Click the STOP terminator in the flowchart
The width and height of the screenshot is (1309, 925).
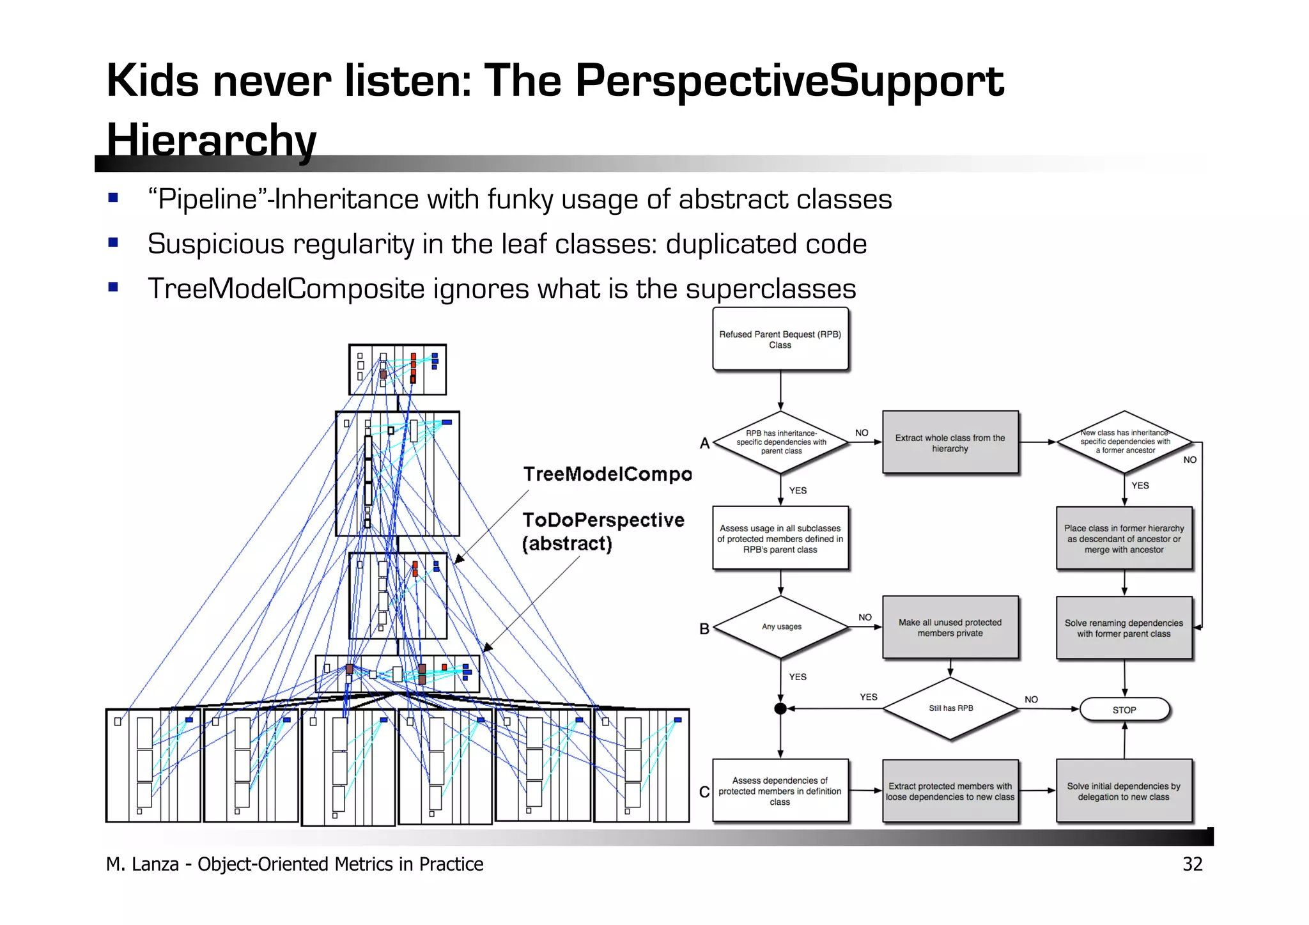[x=1124, y=710]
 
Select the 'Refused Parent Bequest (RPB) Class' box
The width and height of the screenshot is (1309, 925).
[x=780, y=339]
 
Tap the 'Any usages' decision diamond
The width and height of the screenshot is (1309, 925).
[x=781, y=626]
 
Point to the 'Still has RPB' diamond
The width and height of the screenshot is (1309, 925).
[x=950, y=708]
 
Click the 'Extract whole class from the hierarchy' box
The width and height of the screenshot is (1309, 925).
[x=950, y=442]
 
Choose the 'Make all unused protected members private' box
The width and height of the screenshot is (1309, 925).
[x=950, y=627]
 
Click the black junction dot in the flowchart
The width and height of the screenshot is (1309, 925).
[x=780, y=708]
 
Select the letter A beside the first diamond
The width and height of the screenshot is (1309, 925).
[x=704, y=443]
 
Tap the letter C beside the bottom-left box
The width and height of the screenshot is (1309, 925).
[x=704, y=792]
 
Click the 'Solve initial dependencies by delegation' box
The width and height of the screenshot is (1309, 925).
[x=1124, y=791]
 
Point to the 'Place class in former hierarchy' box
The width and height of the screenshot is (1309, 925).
[x=1124, y=538]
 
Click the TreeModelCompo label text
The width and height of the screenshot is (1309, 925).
[x=607, y=474]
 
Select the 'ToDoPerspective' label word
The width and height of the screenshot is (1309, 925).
[x=603, y=520]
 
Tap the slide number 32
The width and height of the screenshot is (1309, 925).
[x=1192, y=864]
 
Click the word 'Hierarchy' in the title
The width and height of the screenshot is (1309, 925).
[x=211, y=139]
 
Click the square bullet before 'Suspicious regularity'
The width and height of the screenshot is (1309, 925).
[x=113, y=242]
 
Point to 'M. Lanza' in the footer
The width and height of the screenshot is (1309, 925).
[x=142, y=864]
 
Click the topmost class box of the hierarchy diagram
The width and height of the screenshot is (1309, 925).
[x=397, y=369]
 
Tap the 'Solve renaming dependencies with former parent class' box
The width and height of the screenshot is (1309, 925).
[x=1124, y=628]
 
